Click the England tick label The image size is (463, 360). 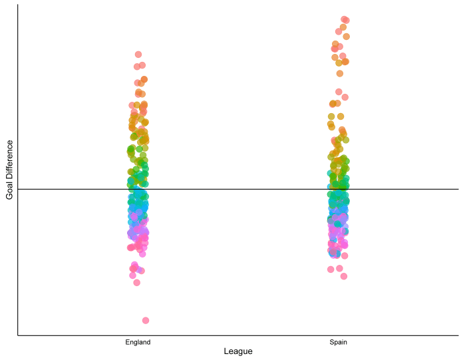(x=138, y=342)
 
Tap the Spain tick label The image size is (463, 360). (x=338, y=342)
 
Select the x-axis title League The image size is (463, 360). (x=238, y=351)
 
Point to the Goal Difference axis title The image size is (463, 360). (x=9, y=169)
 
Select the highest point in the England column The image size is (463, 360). (x=138, y=55)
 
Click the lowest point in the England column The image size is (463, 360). (x=146, y=320)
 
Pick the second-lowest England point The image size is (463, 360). (x=137, y=282)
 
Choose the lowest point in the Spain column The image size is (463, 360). (x=344, y=276)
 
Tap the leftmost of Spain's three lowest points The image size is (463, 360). (x=331, y=270)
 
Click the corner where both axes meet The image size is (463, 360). (x=18, y=335)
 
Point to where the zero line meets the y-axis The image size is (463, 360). (x=18, y=189)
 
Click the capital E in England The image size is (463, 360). (x=127, y=342)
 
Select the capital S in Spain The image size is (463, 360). (x=331, y=342)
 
